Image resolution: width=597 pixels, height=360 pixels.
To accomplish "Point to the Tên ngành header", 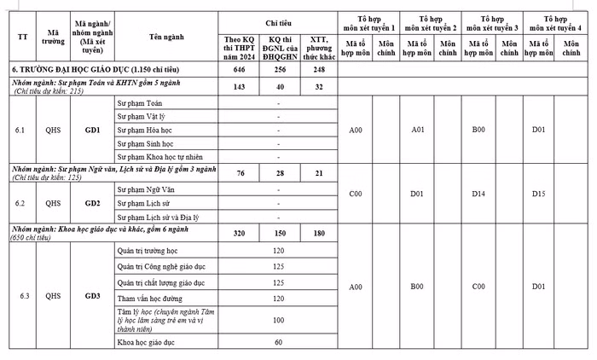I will point(167,37).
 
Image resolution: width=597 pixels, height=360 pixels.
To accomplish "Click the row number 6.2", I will point(23,204).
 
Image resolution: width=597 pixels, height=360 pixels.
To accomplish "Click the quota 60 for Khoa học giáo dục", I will point(279,342).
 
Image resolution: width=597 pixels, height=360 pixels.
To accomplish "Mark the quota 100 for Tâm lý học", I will point(279,321).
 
